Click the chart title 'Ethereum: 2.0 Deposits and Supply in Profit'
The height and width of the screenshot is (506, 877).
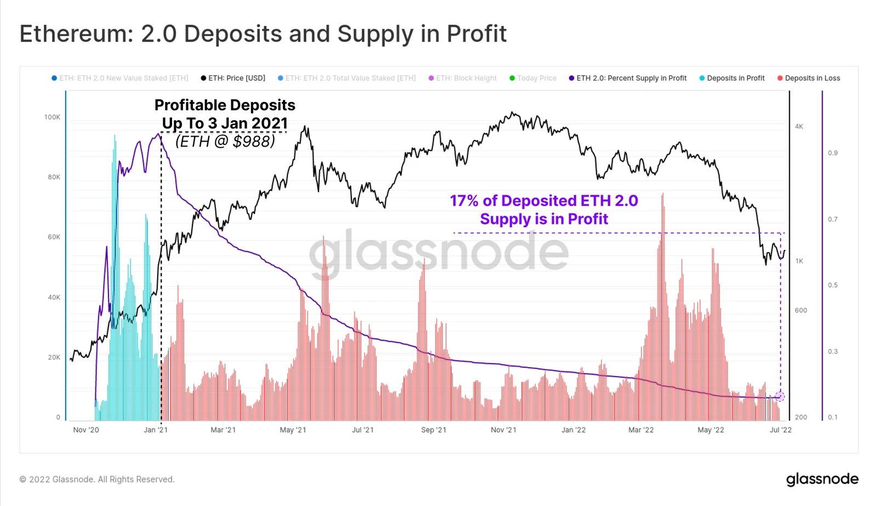pos(263,34)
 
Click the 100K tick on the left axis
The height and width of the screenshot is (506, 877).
pos(53,117)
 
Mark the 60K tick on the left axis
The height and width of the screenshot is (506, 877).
pos(54,237)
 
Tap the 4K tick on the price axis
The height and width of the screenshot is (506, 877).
pos(799,127)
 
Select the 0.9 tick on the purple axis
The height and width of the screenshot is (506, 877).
pos(833,153)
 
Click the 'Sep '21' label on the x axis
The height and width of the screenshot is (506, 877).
pos(434,430)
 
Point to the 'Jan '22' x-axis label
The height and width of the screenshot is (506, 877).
pos(573,430)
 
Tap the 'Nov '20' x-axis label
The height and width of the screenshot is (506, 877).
pos(86,430)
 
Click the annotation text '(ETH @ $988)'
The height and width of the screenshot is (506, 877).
pos(225,142)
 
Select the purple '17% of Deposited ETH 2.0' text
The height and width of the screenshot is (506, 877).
pos(544,201)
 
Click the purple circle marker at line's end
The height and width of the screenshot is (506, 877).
pos(780,396)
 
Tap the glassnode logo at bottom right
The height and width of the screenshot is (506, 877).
pos(822,479)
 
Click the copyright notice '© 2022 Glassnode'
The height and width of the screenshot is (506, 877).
pos(97,479)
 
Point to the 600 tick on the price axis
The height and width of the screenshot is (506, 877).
pos(801,311)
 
